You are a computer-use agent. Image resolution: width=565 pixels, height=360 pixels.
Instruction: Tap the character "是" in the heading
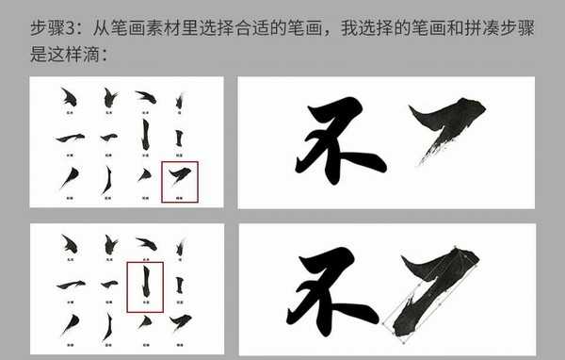click(40, 54)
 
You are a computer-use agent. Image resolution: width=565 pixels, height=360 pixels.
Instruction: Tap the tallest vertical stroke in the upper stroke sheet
click(144, 135)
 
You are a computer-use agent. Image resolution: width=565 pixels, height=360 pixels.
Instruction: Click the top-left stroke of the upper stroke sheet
click(66, 96)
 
